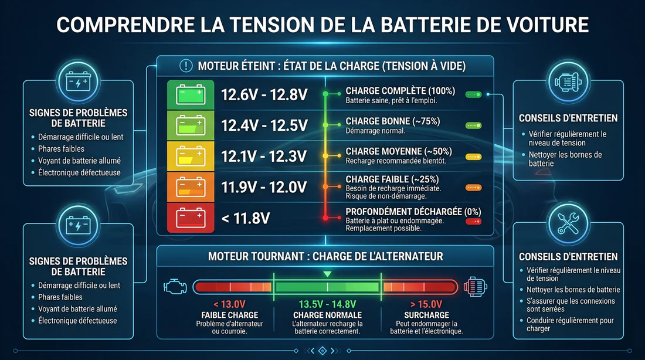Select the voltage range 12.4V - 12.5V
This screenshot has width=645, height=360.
tap(264, 125)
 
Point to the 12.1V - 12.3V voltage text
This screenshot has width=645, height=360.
tap(264, 156)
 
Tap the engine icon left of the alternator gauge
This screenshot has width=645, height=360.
tap(175, 287)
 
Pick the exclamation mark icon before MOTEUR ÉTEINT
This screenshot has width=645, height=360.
tap(186, 66)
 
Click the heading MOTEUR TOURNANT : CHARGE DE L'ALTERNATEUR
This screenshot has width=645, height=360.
tap(325, 256)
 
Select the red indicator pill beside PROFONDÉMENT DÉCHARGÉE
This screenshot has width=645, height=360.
tap(473, 222)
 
